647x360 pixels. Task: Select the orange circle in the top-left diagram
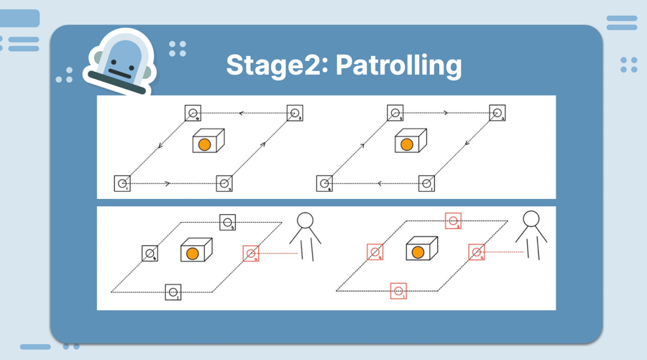204,144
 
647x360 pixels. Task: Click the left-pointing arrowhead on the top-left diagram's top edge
242,113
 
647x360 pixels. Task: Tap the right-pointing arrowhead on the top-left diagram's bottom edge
168,184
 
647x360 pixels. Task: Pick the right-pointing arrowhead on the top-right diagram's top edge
446,113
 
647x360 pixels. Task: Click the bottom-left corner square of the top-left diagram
123,183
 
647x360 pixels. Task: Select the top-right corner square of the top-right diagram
497,113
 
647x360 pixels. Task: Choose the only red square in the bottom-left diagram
251,253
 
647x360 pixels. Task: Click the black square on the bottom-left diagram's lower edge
173,292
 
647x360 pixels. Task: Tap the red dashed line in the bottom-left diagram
278,253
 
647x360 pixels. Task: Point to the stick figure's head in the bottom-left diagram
306,220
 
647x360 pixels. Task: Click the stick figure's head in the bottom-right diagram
531,218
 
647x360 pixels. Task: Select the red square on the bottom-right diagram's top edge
453,221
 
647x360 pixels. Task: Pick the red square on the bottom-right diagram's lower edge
398,291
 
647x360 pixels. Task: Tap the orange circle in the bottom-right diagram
418,252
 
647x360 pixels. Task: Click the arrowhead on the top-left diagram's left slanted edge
160,146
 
